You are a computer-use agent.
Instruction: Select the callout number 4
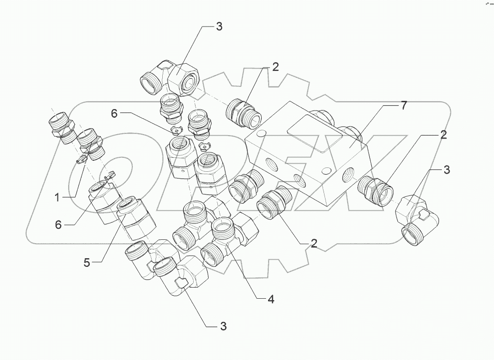pos(271,299)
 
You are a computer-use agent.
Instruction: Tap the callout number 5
pos(87,263)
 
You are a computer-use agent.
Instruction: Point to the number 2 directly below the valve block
pos(314,244)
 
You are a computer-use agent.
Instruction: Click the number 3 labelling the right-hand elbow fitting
pos(447,169)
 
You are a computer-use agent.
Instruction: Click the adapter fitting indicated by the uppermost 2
pos(243,112)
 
